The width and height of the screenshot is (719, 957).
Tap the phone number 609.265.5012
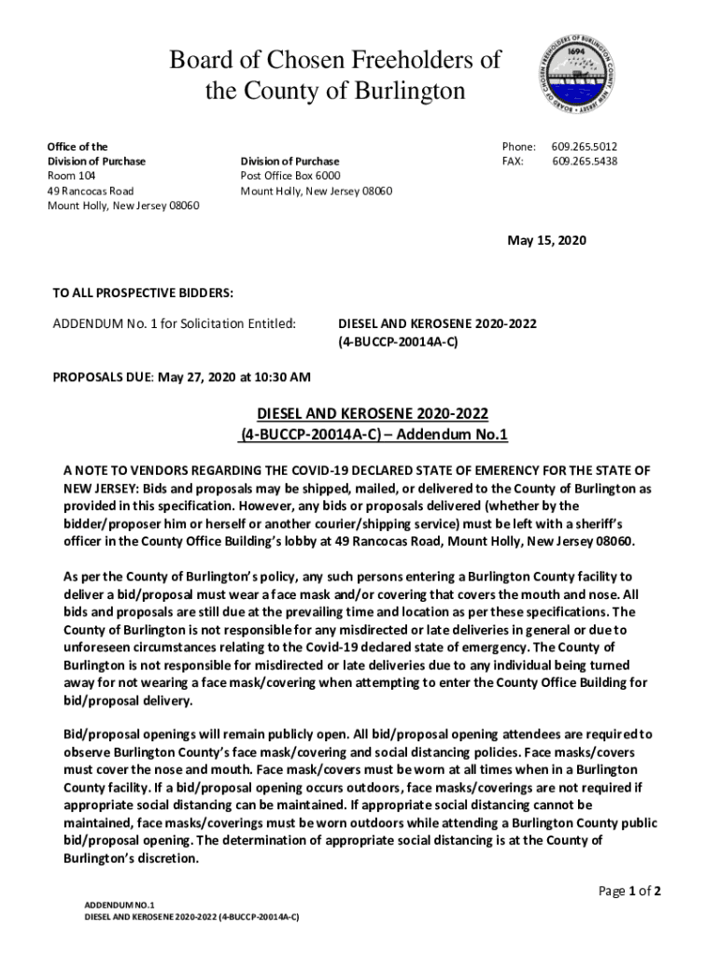(584, 147)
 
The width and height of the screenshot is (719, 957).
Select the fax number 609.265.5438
(585, 161)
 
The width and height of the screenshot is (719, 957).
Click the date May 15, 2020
(546, 240)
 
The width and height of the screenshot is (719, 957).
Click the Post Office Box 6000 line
(290, 176)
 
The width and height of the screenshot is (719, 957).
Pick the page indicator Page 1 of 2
(629, 891)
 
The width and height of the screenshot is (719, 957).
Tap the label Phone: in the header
(518, 147)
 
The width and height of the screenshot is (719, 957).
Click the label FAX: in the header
(513, 161)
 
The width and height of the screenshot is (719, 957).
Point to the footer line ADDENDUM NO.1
(120, 906)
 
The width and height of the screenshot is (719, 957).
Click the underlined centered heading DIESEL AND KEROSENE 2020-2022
(373, 414)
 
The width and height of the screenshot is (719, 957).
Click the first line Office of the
(78, 147)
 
